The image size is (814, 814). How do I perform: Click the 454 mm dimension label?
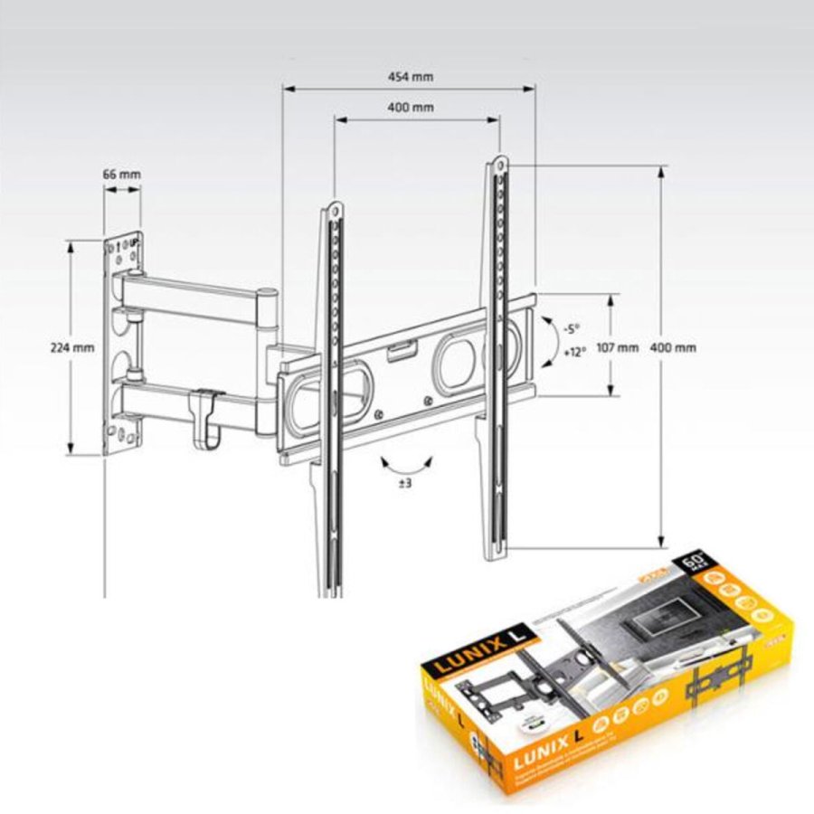tap(410, 77)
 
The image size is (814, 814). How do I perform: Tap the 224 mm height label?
tap(72, 347)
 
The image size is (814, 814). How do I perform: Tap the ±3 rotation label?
tap(405, 484)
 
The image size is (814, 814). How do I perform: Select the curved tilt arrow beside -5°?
tap(547, 341)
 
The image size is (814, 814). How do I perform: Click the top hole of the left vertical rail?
tap(335, 210)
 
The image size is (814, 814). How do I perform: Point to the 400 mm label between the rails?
tap(410, 107)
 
